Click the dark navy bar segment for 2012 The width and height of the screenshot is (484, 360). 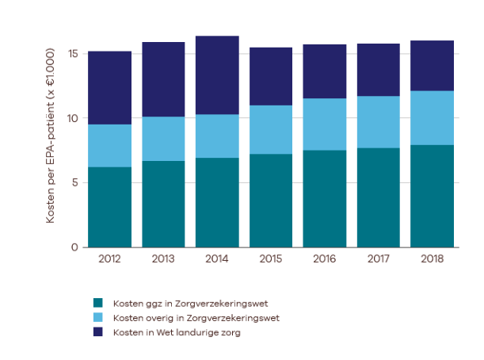point(109,88)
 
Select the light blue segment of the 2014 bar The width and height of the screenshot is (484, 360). point(217,136)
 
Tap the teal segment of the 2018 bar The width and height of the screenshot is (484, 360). point(433,196)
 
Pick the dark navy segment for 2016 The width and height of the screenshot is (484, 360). point(325,71)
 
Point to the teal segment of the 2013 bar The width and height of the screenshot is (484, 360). point(163,204)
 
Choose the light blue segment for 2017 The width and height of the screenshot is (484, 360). point(379,122)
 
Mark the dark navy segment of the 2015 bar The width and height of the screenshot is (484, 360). point(271,76)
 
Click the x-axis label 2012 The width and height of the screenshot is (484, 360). point(109,259)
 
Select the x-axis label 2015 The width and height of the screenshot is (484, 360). point(271,259)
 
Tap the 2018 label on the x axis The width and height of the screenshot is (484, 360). point(433,259)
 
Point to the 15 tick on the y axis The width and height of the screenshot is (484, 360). point(72,54)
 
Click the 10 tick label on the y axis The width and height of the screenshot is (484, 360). point(72,118)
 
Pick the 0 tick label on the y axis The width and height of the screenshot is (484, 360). point(74,247)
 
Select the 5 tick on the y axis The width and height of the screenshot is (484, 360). point(74,183)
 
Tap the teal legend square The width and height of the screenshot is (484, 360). point(98,302)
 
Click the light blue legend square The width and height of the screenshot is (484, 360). point(98,317)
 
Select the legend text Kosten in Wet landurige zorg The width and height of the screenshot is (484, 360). point(177,332)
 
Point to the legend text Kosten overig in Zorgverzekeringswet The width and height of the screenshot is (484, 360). point(196,317)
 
